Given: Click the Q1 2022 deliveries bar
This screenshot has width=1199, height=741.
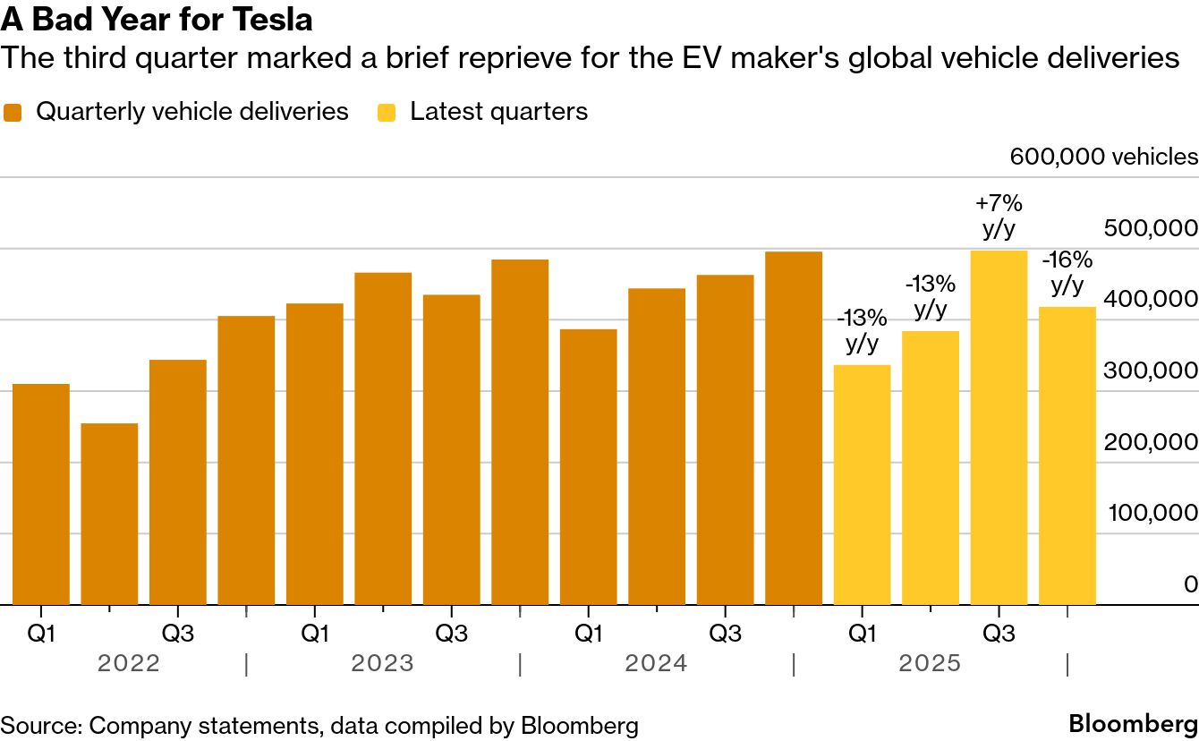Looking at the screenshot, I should point(41,494).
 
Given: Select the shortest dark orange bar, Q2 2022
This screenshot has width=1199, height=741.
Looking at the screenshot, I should point(109,514).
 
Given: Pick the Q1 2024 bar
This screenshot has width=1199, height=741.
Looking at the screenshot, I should point(588,466).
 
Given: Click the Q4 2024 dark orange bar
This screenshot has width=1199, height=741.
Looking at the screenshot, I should point(794,428).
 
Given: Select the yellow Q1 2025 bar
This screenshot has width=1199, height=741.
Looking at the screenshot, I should point(862,484).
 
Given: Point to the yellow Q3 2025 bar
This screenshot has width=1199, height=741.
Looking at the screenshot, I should point(999,427).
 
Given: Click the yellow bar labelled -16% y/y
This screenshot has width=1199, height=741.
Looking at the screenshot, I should point(1067,456).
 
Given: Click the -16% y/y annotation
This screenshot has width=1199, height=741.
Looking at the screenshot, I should point(1067,273).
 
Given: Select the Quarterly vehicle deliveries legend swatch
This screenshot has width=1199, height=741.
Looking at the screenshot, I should point(13,113).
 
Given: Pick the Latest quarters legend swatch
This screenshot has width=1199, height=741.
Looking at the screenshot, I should point(387,113).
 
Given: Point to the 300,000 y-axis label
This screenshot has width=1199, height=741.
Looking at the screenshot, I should point(1151,370).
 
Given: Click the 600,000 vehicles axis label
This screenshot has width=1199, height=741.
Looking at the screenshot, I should point(1103,157).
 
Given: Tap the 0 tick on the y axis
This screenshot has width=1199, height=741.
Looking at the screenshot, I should point(1190,584).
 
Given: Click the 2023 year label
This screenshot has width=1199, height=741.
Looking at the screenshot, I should point(382,664).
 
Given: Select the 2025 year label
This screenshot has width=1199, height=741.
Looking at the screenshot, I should point(930,664).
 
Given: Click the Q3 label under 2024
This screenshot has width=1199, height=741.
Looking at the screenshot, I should point(725,634).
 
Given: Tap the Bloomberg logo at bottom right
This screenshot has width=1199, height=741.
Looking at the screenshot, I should point(1133,723).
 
